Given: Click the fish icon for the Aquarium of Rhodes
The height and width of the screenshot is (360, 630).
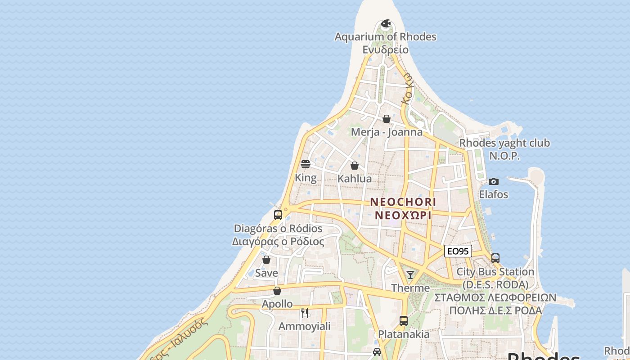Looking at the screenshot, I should point(386,23).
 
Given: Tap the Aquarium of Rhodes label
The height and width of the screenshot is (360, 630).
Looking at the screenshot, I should point(385,36).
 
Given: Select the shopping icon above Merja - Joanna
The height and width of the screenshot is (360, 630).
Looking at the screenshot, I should point(387,119).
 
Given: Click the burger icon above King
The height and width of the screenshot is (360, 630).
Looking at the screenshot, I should point(306,164).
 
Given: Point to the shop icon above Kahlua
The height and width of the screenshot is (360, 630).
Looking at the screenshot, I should point(355,166).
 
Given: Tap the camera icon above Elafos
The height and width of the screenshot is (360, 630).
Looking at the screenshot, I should point(494,181).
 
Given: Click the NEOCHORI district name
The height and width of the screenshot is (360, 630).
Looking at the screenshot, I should point(403,202).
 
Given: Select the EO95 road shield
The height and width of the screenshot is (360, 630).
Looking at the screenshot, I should point(458,251).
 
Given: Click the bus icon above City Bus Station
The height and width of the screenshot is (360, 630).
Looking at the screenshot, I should point(495,258).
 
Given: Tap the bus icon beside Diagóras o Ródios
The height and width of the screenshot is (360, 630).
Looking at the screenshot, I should point(278,215).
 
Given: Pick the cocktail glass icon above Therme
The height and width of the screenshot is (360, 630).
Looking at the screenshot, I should point(410,274).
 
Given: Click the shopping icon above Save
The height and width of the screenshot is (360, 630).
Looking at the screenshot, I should point(266,260).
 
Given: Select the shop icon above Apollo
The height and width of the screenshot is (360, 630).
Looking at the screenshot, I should point(277,291).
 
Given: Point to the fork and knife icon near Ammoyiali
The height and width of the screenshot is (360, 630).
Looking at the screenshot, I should point(305,313).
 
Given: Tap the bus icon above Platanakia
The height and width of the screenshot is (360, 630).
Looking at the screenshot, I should point(404,321).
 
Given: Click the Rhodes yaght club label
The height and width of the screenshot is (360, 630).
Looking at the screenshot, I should point(504,143).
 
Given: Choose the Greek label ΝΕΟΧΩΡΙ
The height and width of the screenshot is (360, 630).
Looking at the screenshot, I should point(403,215).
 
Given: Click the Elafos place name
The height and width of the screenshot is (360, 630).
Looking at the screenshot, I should point(494,194).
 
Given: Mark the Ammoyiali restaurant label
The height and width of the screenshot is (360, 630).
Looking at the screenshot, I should point(305,326).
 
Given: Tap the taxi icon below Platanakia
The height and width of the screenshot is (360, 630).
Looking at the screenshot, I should point(377,351).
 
